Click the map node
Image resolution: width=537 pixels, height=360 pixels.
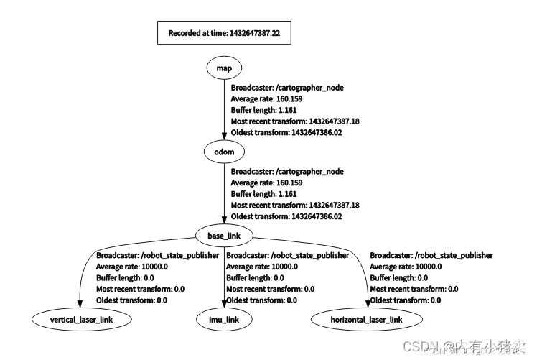click(x=224, y=68)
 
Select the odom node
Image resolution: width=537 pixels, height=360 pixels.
click(x=224, y=152)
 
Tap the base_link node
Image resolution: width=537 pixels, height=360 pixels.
click(x=224, y=236)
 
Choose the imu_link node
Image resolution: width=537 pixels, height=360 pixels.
click(x=223, y=318)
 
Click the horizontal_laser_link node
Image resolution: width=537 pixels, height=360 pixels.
click(x=366, y=318)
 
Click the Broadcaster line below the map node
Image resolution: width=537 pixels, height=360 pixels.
click(x=287, y=88)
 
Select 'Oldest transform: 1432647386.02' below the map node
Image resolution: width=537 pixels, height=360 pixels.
click(x=286, y=133)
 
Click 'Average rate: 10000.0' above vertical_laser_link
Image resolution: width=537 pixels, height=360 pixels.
click(x=132, y=267)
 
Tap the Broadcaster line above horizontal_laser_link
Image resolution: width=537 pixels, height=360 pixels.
click(x=431, y=255)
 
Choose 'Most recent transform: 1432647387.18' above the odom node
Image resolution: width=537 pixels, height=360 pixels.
click(x=294, y=121)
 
